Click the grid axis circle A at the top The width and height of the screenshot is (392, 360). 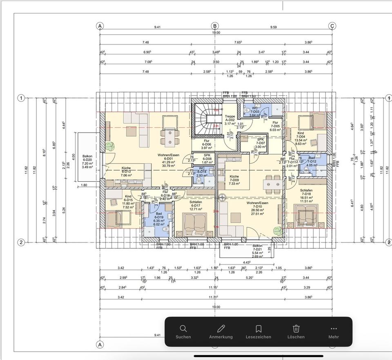pos(100,26)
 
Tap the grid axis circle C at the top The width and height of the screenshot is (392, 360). pos(332,26)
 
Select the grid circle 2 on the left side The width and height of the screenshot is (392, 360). pos(21,242)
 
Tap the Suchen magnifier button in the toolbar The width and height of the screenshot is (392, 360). pos(183,332)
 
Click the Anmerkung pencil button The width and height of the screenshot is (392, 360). pos(221,332)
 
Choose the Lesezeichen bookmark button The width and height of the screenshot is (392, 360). pos(258,332)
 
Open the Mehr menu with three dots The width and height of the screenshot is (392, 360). pos(333,332)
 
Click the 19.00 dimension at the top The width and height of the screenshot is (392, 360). pos(216,33)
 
